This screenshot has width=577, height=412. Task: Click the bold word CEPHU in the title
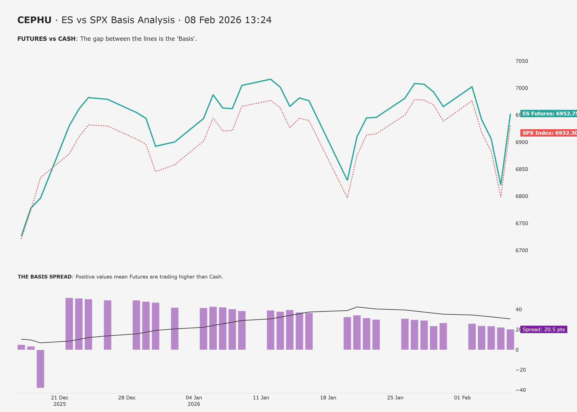coord(34,20)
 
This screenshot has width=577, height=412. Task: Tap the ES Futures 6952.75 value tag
coord(548,113)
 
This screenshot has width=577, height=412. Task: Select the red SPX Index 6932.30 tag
coord(548,133)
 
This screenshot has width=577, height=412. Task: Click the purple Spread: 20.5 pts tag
coord(544,330)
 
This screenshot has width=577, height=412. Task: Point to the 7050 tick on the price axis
coord(522,61)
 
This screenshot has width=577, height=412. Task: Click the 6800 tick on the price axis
coord(522,196)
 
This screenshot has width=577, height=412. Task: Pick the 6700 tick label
coord(522,250)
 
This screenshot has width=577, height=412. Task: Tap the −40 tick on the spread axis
coord(521,390)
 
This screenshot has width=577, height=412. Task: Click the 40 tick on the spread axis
coord(519,310)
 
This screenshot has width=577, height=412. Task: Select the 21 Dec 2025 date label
coord(60,401)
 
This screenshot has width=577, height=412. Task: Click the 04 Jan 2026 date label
coord(194,401)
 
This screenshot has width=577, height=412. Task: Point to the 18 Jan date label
coord(328,398)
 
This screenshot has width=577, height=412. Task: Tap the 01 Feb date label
coord(462,398)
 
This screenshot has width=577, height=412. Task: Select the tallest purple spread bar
coord(69,324)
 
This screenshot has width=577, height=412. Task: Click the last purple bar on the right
coord(510,339)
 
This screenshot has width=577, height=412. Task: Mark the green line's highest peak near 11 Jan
coord(270,79)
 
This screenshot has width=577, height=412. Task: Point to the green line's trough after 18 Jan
coord(347,180)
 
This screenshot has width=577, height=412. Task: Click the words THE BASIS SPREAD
coord(45,277)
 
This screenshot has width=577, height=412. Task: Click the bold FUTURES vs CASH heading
coord(46,39)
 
